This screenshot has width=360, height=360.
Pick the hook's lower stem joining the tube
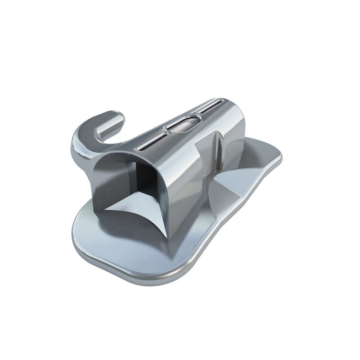[x=83, y=157]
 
